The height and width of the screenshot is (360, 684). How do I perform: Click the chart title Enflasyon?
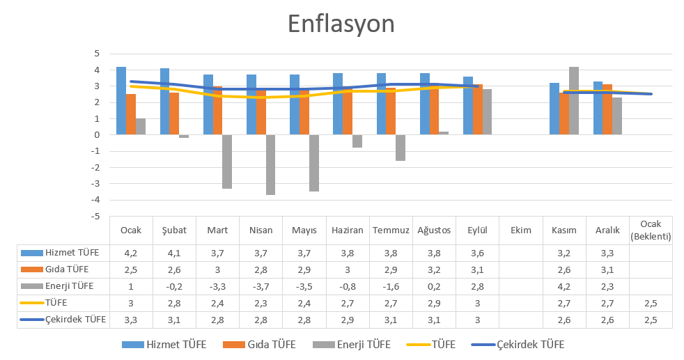[341, 24]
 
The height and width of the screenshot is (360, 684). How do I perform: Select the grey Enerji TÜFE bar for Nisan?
[270, 165]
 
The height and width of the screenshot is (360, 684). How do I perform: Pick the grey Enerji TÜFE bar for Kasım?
[574, 101]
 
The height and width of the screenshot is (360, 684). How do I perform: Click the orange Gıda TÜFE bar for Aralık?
[607, 109]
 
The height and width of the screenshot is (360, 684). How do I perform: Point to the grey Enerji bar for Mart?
[227, 162]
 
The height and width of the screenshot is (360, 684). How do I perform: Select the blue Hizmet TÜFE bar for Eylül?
[468, 106]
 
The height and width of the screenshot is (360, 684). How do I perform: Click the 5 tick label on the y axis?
[96, 54]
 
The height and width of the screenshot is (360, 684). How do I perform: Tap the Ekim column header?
[520, 230]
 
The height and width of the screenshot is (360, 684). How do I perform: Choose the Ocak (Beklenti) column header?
[651, 230]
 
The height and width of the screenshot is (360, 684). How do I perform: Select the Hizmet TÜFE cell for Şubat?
[175, 253]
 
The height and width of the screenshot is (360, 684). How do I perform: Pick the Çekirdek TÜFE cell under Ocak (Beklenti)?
[651, 320]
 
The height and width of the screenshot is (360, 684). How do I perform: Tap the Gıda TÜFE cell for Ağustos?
[434, 269]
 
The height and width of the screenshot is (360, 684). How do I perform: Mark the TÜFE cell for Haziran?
[348, 303]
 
